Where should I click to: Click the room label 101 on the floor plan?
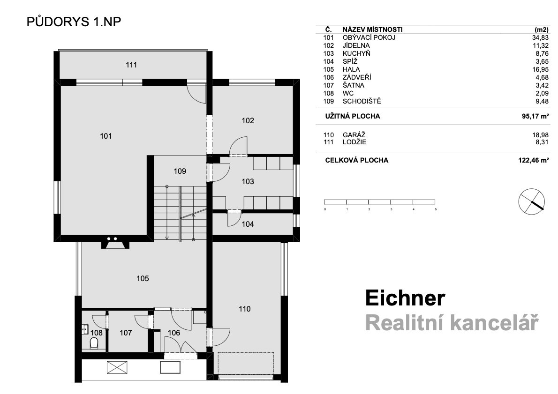tap(106, 136)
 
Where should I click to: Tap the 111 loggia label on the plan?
tap(131, 65)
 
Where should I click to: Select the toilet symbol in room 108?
tap(94, 343)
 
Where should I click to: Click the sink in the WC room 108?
tap(85, 329)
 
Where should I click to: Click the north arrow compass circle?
tap(531, 201)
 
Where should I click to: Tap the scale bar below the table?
tap(380, 201)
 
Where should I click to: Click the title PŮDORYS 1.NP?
tap(74, 22)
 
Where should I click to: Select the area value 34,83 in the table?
tap(541, 37)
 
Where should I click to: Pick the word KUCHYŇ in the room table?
tap(356, 53)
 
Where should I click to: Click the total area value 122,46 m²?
tap(534, 160)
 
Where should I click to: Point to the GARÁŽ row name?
tap(354, 135)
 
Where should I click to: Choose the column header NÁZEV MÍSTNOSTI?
tap(373, 30)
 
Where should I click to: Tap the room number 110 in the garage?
tap(244, 309)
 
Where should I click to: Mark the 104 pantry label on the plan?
tap(248, 224)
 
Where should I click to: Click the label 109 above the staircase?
tap(180, 171)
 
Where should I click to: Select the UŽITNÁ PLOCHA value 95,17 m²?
tap(535, 116)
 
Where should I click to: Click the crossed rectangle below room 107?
tap(117, 367)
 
